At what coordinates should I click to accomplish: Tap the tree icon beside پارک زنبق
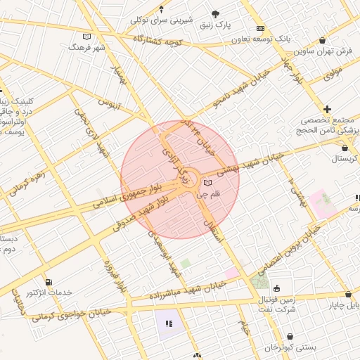point(216,14)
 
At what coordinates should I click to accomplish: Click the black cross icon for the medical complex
point(327,109)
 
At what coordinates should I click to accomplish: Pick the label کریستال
point(345,160)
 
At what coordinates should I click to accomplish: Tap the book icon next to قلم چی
point(207,182)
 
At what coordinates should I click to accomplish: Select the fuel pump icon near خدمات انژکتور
point(48,282)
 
